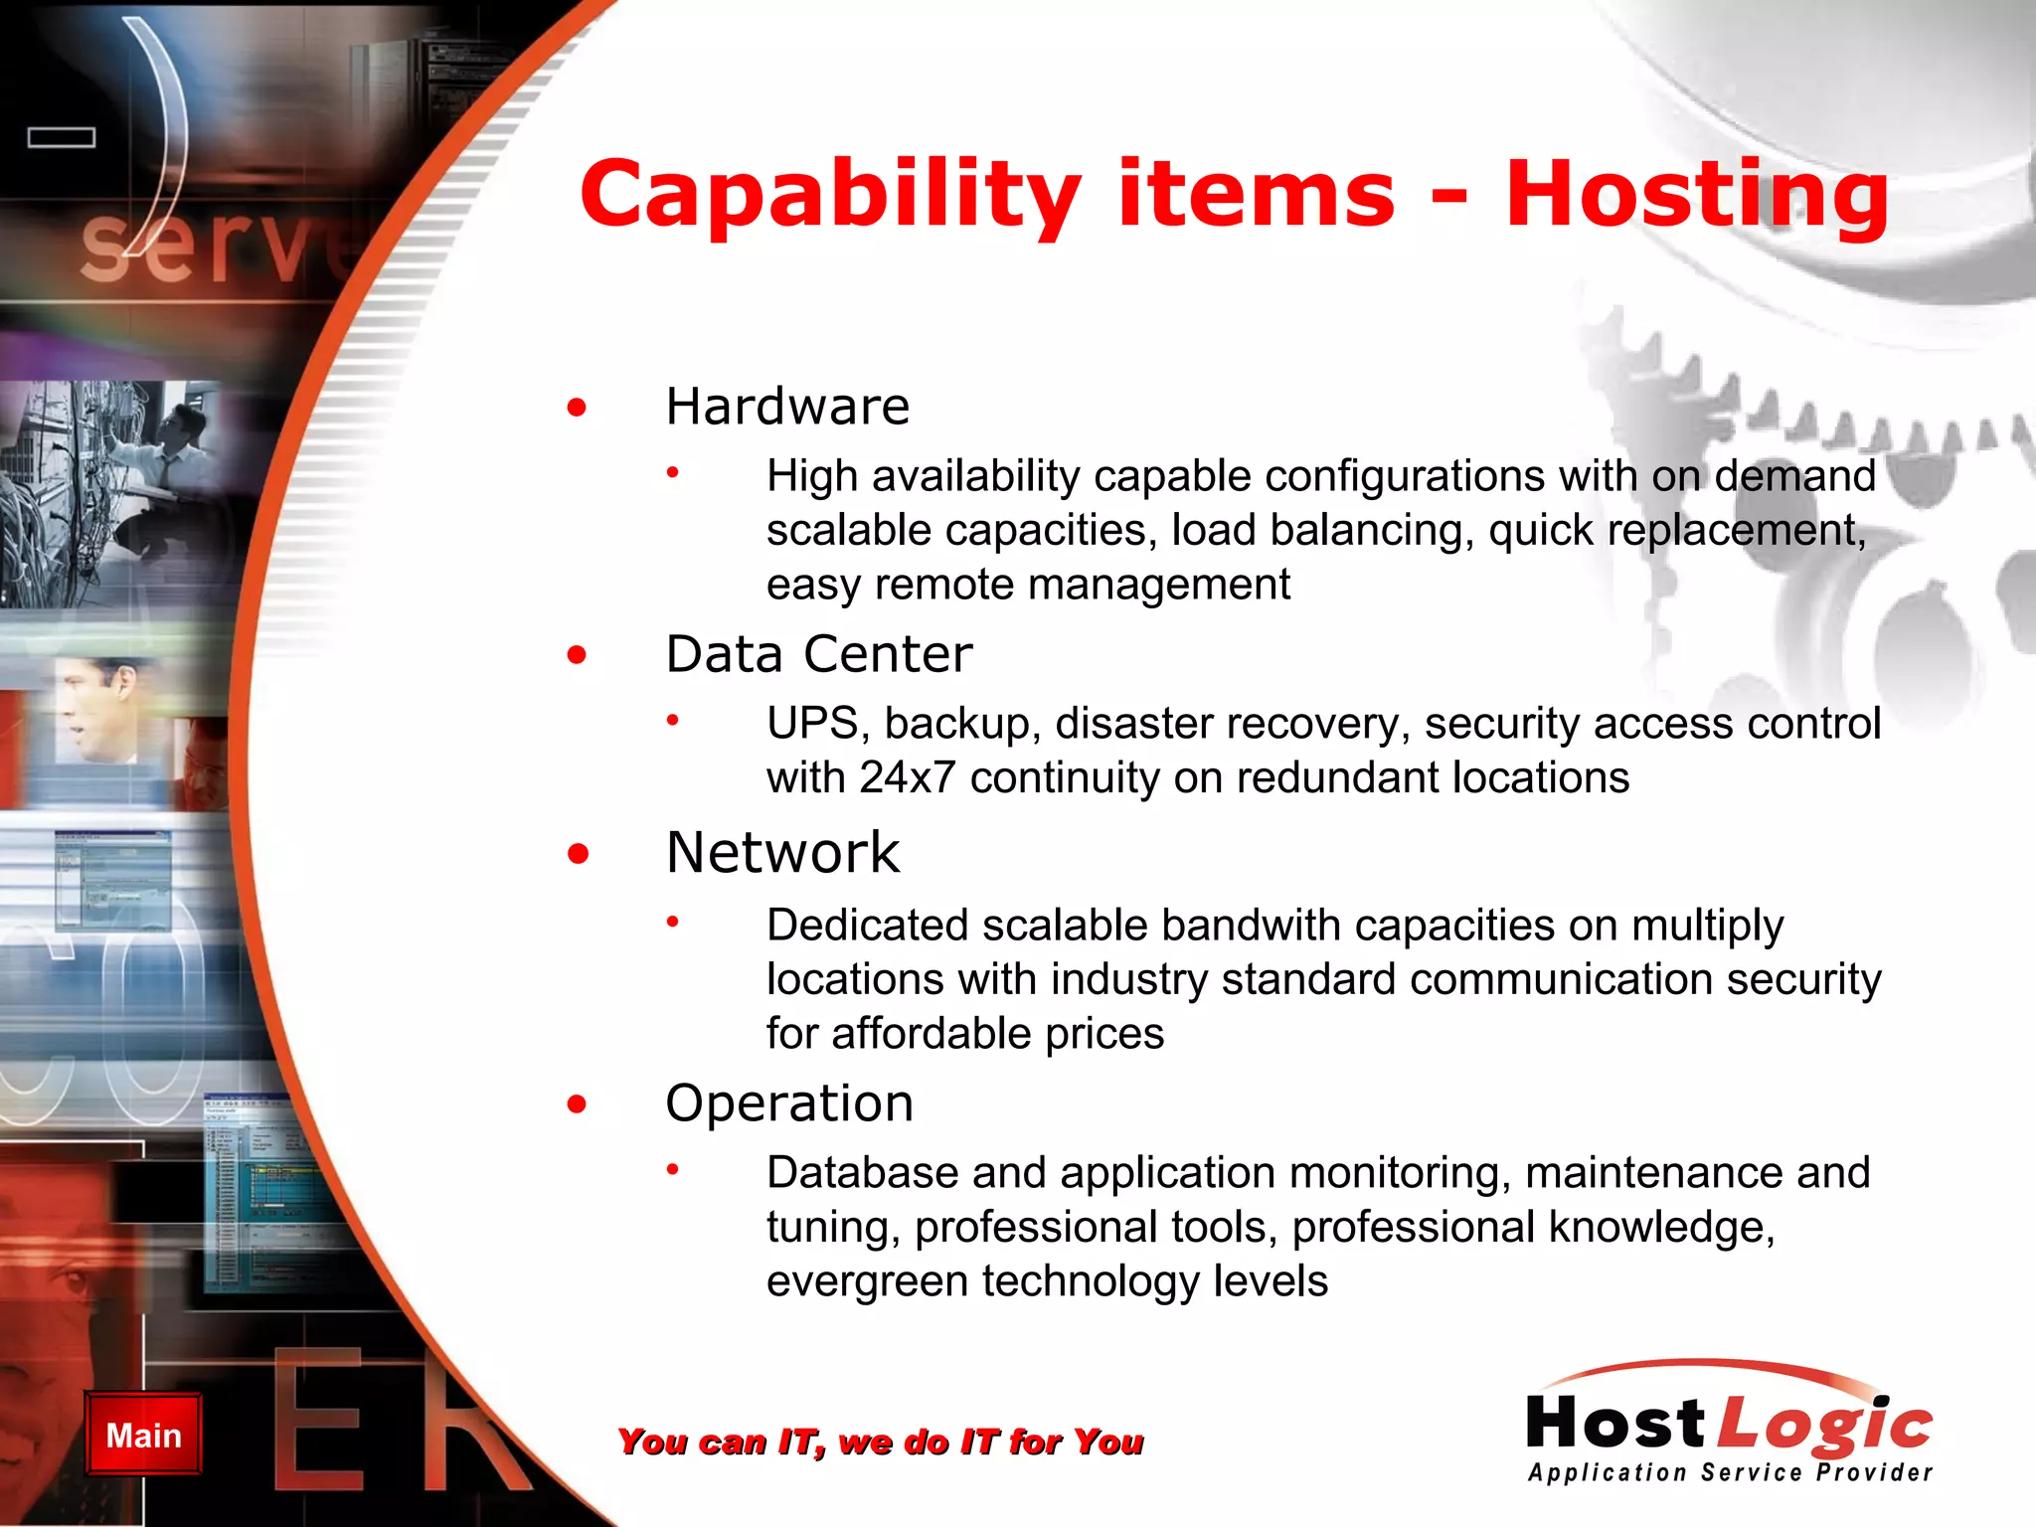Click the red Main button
[143, 1435]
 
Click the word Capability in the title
[830, 195]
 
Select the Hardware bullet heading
[787, 407]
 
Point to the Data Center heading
[819, 654]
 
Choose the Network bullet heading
[783, 853]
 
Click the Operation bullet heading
[789, 1103]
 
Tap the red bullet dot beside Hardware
[577, 408]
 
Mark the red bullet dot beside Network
[578, 854]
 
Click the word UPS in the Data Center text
[812, 724]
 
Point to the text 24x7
[908, 778]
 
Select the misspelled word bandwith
[1251, 926]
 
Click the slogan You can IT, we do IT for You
[880, 1442]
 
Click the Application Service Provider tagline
[1730, 1472]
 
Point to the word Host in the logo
[1615, 1424]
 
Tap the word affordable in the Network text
[918, 1035]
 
